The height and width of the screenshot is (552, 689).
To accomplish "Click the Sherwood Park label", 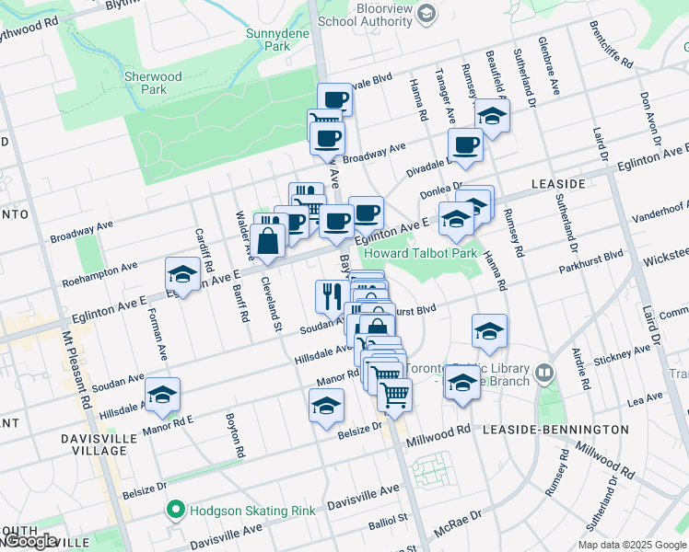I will (154, 83).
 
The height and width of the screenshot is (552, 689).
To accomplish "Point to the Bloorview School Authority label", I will (365, 20).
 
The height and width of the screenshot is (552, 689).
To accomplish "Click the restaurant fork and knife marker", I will (329, 295).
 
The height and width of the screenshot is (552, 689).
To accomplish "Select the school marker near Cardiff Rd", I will (182, 274).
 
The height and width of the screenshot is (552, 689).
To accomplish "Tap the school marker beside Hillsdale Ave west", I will (163, 395).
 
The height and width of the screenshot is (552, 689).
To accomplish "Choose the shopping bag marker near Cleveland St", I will (268, 242).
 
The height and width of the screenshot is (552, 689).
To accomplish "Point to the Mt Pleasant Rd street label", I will (83, 368).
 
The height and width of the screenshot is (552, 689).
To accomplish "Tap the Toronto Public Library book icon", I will (545, 373).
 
